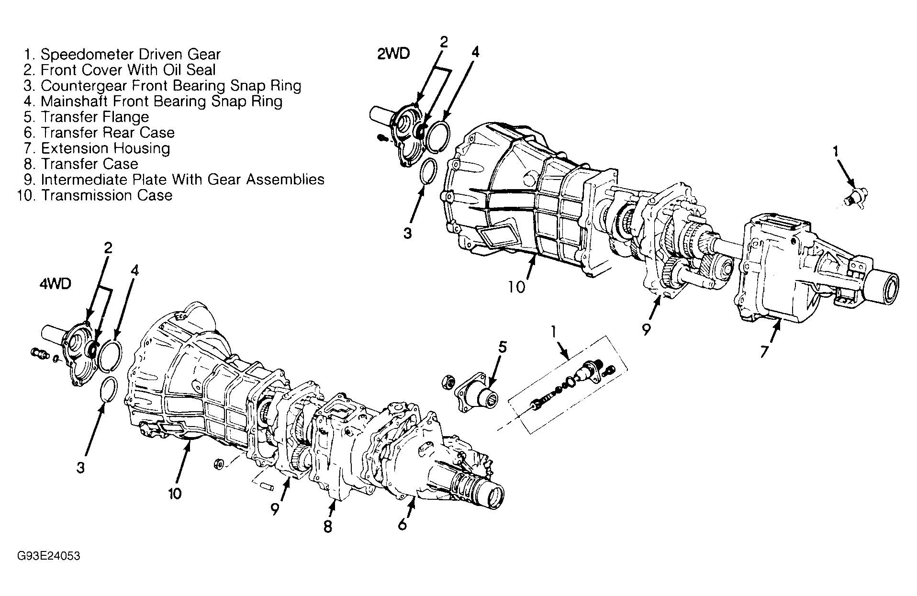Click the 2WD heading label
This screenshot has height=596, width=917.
click(x=393, y=54)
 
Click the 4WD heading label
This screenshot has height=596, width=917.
click(x=55, y=284)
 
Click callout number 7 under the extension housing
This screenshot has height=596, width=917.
click(x=764, y=352)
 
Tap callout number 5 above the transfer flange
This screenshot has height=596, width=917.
click(x=503, y=347)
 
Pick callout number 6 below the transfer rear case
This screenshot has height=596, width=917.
click(x=402, y=525)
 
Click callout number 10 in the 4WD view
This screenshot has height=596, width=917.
click(x=175, y=494)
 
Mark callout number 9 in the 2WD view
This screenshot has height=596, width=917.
click(x=646, y=330)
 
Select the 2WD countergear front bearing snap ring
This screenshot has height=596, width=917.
click(x=428, y=170)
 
